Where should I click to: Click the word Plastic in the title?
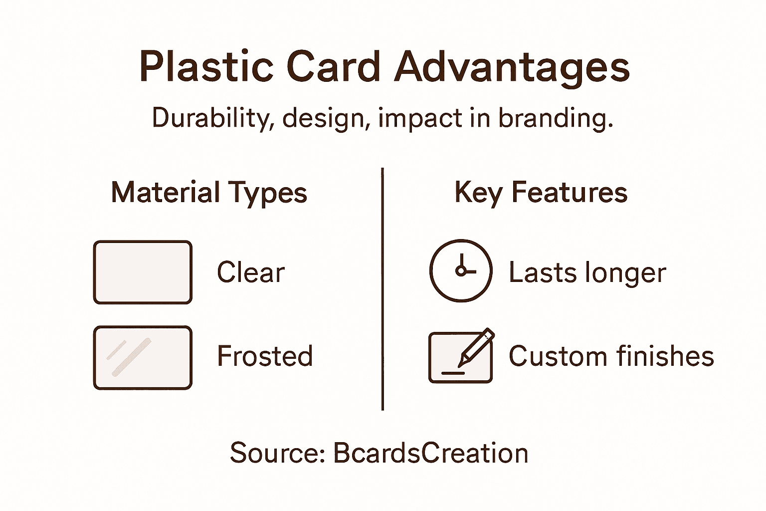(206, 67)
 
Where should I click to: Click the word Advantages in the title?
(512, 67)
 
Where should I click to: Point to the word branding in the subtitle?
(555, 119)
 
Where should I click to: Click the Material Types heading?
(209, 193)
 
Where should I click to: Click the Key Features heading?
(541, 193)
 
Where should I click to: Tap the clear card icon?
(143, 272)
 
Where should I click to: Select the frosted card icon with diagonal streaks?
(143, 357)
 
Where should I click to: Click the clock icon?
(461, 270)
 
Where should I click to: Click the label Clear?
(251, 272)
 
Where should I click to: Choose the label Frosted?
(265, 356)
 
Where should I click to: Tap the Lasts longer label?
(587, 272)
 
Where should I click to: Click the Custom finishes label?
(611, 356)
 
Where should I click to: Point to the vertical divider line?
(383, 289)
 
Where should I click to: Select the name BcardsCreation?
(430, 453)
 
